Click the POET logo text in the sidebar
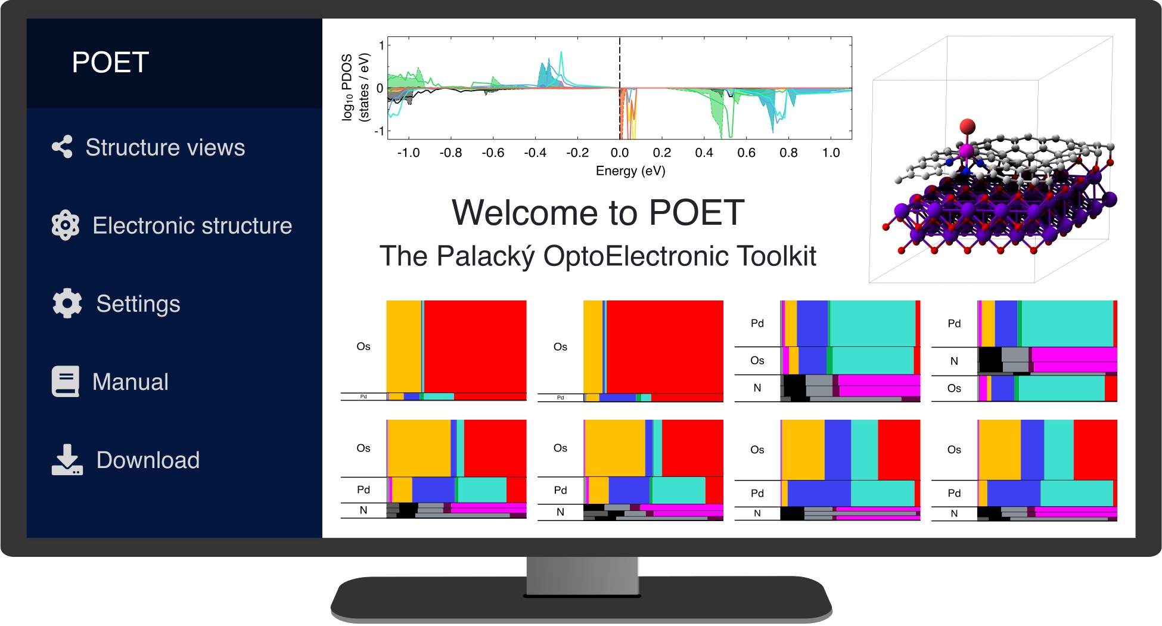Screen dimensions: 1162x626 [x=110, y=63]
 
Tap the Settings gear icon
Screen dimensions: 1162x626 [x=67, y=303]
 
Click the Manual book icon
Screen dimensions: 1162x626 [x=66, y=382]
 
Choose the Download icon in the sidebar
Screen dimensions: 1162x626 [x=67, y=460]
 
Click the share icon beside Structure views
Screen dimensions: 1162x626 [x=62, y=147]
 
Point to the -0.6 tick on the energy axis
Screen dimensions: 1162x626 [x=493, y=153]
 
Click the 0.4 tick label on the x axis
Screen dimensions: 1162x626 [x=704, y=153]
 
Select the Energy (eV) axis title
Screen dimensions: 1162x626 [x=630, y=171]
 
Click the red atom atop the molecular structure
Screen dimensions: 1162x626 [x=967, y=126]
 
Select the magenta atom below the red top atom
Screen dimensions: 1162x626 [x=965, y=151]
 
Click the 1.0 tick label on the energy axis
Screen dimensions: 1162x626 [x=831, y=153]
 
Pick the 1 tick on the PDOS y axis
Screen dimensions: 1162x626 [x=381, y=45]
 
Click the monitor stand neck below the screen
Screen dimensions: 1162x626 [x=582, y=576]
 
